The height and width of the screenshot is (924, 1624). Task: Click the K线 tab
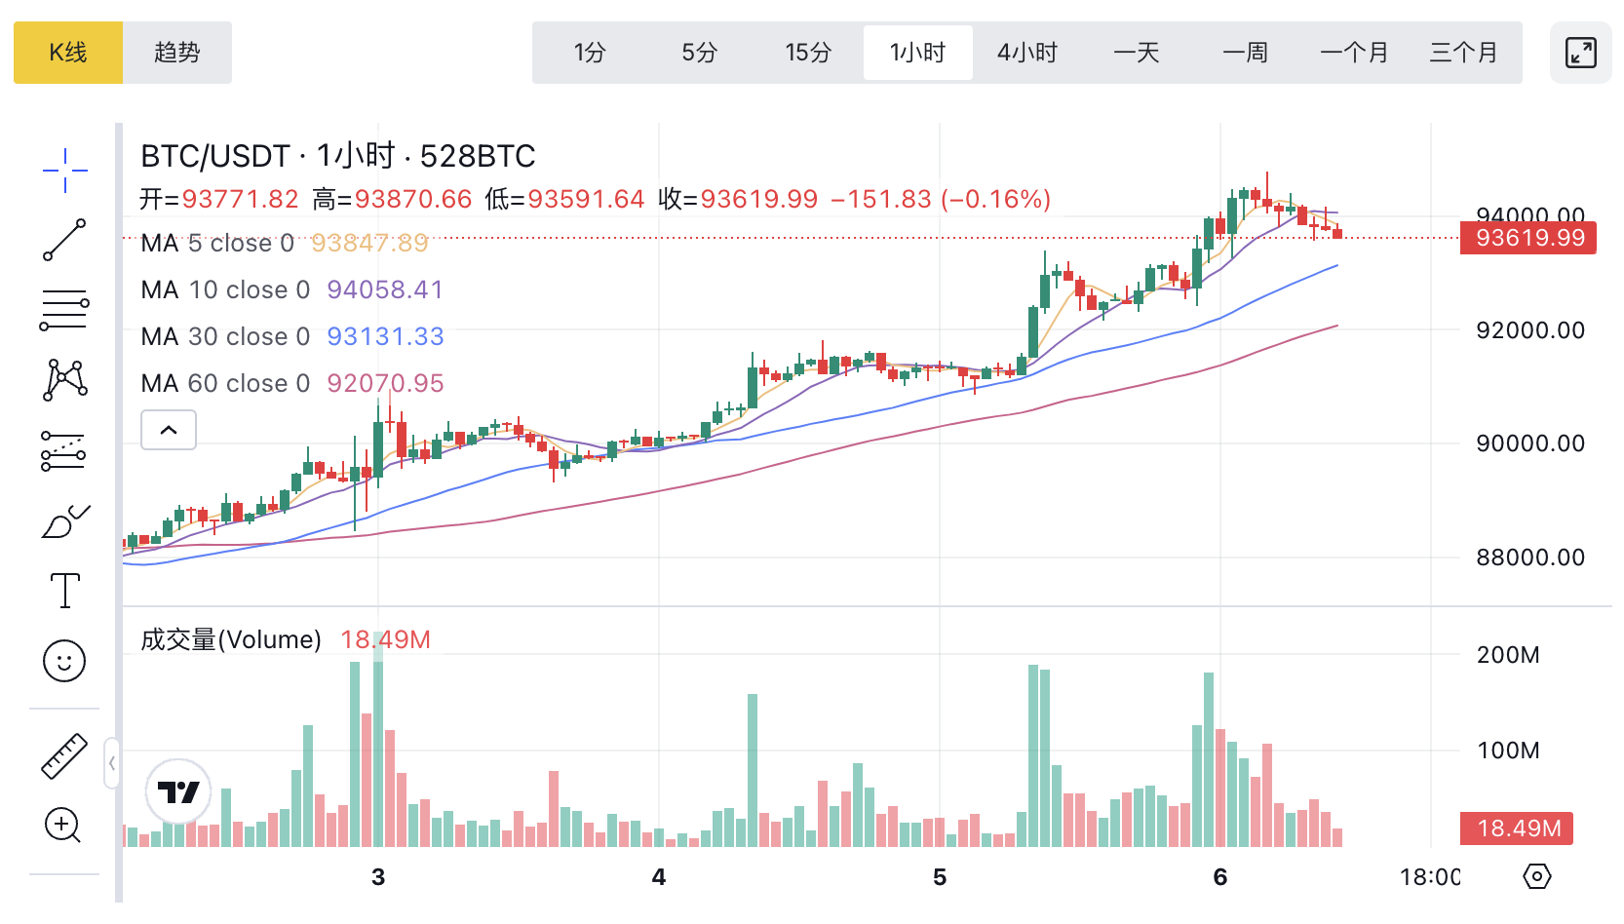click(x=68, y=53)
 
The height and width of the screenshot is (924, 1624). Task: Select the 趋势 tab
click(x=177, y=53)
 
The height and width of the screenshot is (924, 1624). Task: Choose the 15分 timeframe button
click(x=808, y=53)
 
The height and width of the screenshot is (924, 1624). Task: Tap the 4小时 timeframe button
click(x=1026, y=53)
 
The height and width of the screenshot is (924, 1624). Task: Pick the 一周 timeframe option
click(x=1245, y=53)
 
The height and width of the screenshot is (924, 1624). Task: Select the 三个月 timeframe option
click(x=1463, y=53)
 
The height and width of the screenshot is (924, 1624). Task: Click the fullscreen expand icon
click(x=1580, y=53)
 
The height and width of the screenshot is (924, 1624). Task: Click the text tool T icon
click(x=64, y=591)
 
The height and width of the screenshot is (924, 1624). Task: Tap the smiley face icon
click(x=64, y=661)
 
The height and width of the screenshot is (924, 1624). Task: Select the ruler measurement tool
click(x=64, y=755)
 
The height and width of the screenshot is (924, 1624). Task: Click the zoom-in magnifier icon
click(x=63, y=826)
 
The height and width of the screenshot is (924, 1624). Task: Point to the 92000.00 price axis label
click(x=1530, y=330)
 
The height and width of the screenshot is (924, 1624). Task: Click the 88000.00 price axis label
click(x=1530, y=558)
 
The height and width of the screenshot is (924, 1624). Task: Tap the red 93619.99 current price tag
click(x=1528, y=238)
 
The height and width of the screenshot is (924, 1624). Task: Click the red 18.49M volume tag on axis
click(x=1518, y=828)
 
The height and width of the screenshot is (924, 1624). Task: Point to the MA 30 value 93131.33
click(x=385, y=336)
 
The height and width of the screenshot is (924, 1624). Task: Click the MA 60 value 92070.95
click(x=385, y=383)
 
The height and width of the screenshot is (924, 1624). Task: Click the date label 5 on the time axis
click(x=940, y=877)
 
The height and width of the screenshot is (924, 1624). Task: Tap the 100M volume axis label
click(x=1508, y=751)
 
